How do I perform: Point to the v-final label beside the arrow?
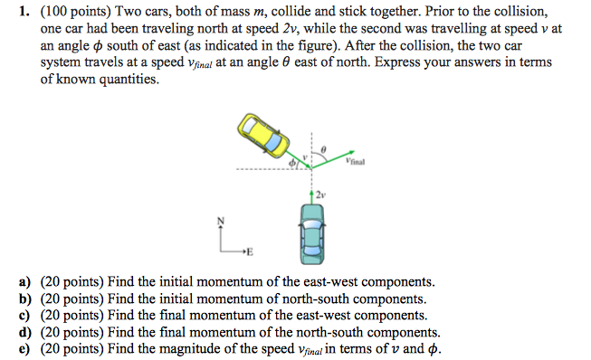[x=355, y=163]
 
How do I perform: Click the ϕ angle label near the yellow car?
[x=291, y=164]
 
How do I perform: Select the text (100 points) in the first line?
[x=71, y=11]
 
